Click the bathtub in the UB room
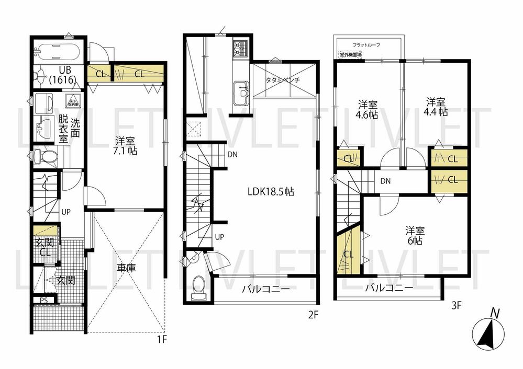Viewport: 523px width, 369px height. [x=58, y=53]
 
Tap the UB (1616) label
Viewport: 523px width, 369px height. [x=63, y=75]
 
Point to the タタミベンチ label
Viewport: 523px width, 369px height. [x=283, y=81]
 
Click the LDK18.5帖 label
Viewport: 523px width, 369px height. [x=271, y=192]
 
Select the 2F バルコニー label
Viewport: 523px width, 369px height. [x=265, y=290]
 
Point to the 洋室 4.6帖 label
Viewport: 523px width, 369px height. [x=368, y=108]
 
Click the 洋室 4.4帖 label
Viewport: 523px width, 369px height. [x=436, y=106]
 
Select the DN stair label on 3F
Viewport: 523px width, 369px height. [x=386, y=181]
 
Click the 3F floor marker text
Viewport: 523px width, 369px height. [x=456, y=306]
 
